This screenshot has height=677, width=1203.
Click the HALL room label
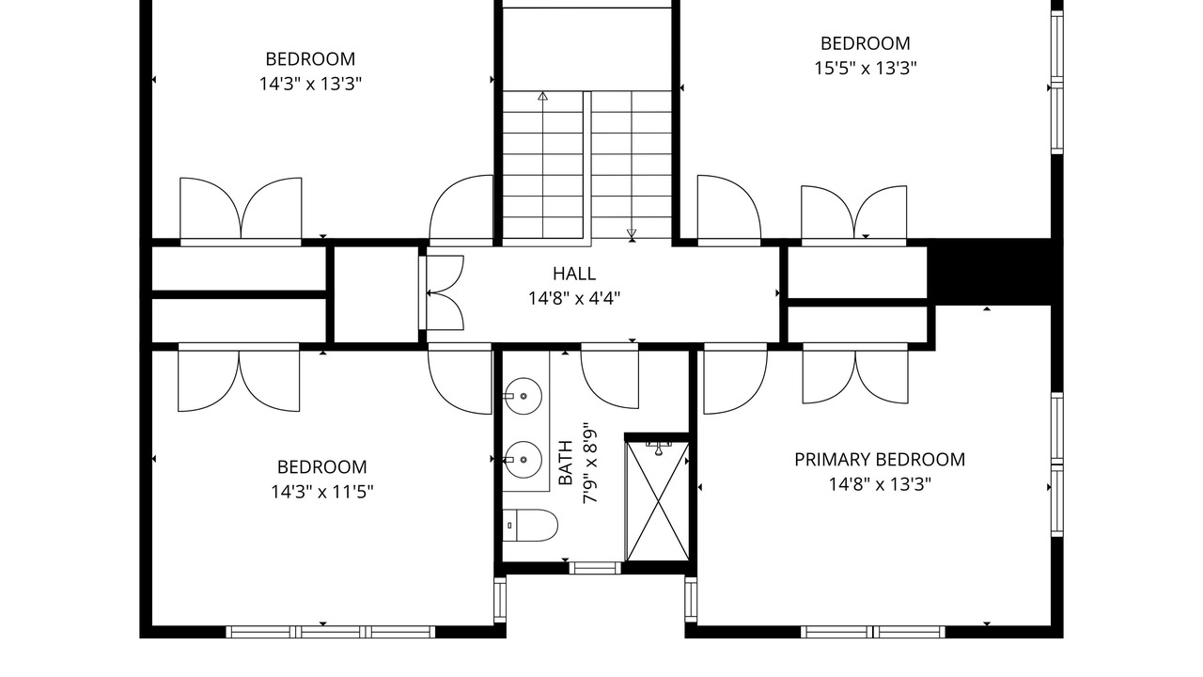[574, 274]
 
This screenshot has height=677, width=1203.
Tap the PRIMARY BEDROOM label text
[880, 460]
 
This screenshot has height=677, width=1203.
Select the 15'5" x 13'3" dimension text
[866, 69]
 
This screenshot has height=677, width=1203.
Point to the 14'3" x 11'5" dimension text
[321, 492]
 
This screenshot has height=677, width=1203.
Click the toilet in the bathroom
[530, 526]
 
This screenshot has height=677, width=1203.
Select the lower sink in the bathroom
[522, 460]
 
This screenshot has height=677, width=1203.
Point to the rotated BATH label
[566, 463]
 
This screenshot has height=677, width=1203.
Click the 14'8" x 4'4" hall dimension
[574, 298]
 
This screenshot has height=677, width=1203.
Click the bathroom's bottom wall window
[595, 567]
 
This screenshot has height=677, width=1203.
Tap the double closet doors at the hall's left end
[442, 292]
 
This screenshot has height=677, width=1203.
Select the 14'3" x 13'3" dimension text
[310, 84]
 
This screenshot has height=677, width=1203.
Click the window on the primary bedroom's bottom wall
[873, 632]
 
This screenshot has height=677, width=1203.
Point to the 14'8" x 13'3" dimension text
[880, 484]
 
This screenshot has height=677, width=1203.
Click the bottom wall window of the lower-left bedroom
[330, 632]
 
